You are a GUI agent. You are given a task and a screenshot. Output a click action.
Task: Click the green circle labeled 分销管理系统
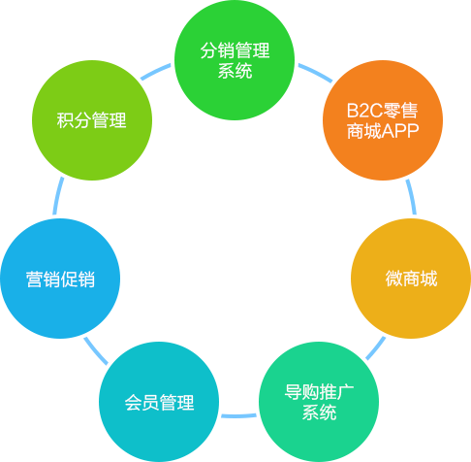pyautogui.click(x=235, y=60)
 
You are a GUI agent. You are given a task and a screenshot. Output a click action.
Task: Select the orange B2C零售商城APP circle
pyautogui.click(x=383, y=120)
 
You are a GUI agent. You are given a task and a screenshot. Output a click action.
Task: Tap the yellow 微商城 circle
pyautogui.click(x=411, y=279)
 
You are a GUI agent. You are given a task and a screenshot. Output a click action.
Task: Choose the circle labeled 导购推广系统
pyautogui.click(x=319, y=402)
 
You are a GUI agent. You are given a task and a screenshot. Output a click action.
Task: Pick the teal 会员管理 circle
pyautogui.click(x=159, y=402)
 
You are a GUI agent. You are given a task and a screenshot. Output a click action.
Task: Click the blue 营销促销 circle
pyautogui.click(x=60, y=279)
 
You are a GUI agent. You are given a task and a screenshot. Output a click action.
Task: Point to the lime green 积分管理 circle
pyautogui.click(x=92, y=120)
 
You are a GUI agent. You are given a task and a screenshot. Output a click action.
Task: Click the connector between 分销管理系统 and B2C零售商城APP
pyautogui.click(x=315, y=73)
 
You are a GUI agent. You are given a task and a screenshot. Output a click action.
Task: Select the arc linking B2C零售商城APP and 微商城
pyautogui.click(x=412, y=196)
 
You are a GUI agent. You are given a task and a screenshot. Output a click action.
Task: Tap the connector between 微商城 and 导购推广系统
pyautogui.click(x=376, y=348)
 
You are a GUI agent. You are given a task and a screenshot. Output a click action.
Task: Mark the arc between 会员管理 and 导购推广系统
pyautogui.click(x=238, y=415)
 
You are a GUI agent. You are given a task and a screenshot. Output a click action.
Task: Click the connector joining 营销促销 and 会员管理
pyautogui.click(x=96, y=350)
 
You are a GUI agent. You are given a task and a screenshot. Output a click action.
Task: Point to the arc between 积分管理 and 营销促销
pyautogui.click(x=57, y=195)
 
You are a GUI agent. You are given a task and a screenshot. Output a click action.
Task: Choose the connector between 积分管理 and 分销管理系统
pyautogui.click(x=155, y=72)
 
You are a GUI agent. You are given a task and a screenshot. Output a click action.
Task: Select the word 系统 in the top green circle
pyautogui.click(x=235, y=71)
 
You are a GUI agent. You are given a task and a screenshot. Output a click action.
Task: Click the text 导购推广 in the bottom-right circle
pyautogui.click(x=319, y=392)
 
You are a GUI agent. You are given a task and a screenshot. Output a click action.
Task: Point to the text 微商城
pyautogui.click(x=411, y=279)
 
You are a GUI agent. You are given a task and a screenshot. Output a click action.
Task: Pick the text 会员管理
pyautogui.click(x=159, y=403)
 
